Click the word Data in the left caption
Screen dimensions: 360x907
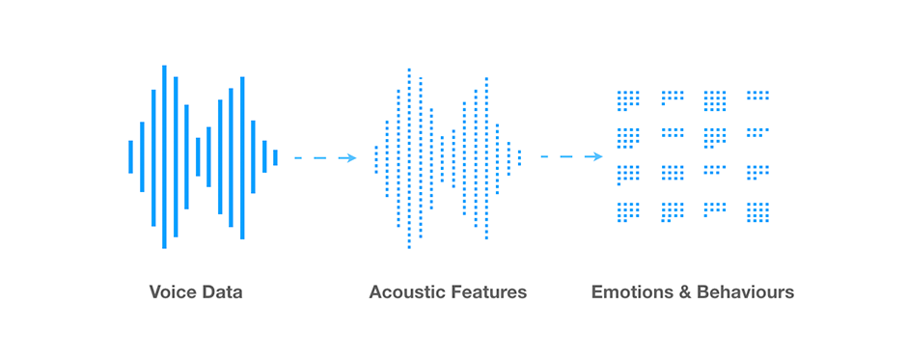[x=222, y=291]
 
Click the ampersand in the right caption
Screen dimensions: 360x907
[x=688, y=291]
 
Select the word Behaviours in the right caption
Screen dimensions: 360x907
[x=747, y=291]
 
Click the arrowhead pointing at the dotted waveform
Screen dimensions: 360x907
[x=352, y=157]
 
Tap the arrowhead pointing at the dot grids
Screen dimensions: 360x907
[x=597, y=156]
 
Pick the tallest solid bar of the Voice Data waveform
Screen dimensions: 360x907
[x=164, y=156]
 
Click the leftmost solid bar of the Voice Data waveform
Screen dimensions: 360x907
[x=131, y=156]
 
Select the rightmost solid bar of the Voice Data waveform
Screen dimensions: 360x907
[x=275, y=157]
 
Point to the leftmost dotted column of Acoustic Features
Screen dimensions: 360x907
[x=376, y=157]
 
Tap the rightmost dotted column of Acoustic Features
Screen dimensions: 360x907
[x=520, y=157]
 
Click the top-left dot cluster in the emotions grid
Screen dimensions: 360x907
[x=628, y=100]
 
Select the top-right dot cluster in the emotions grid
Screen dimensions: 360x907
[x=758, y=96]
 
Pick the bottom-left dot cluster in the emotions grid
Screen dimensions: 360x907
[x=628, y=210]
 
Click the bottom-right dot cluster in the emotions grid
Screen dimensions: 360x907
[x=758, y=211]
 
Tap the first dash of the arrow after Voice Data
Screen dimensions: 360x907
[x=299, y=157]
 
